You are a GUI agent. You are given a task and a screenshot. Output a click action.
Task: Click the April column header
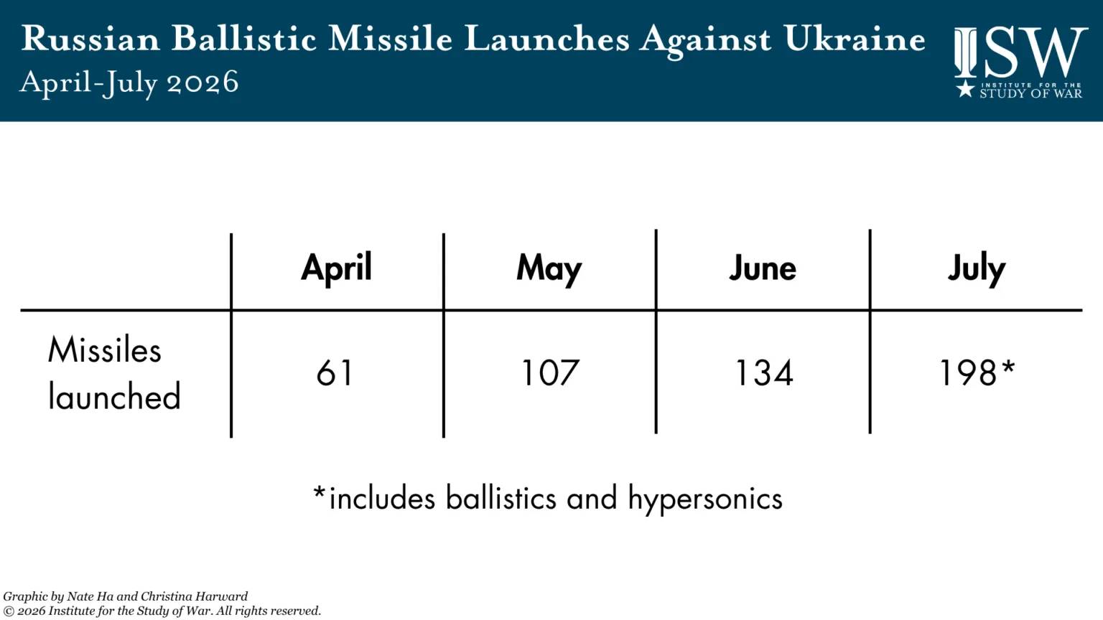click(x=336, y=268)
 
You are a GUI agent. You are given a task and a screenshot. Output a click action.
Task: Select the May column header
click(x=549, y=269)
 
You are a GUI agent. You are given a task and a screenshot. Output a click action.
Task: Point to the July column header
click(x=977, y=269)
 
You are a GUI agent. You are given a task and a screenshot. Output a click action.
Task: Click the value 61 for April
click(x=335, y=372)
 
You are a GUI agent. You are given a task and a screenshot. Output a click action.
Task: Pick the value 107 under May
click(x=549, y=372)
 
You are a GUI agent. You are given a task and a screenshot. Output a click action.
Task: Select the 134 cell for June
click(x=764, y=372)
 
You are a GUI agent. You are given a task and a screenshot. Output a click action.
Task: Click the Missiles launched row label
click(x=113, y=373)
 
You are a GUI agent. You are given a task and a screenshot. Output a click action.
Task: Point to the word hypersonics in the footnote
click(x=705, y=499)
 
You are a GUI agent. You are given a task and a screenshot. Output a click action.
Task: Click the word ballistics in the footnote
click(x=501, y=497)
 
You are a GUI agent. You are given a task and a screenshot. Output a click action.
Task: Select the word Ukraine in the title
click(x=855, y=38)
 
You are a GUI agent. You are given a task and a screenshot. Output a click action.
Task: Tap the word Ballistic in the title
click(x=243, y=38)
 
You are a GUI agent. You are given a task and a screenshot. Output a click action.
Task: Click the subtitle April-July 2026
click(x=129, y=83)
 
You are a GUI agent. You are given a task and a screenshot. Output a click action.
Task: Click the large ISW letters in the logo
click(x=1020, y=52)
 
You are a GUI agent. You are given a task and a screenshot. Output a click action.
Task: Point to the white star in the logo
click(x=965, y=89)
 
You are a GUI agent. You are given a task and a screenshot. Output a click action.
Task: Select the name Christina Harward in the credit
click(x=195, y=597)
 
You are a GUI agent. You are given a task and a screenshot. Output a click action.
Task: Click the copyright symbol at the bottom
click(x=9, y=611)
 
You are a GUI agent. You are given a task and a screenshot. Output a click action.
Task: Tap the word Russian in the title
click(x=90, y=38)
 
